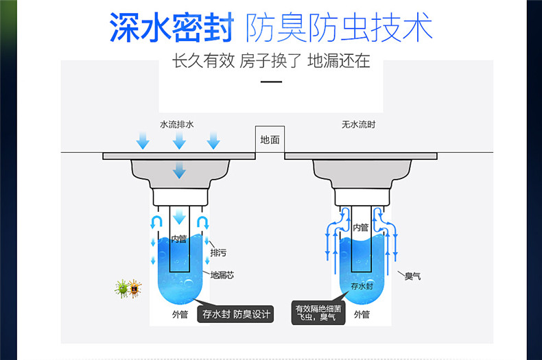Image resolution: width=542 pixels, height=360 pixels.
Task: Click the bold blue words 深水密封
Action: point(172,27)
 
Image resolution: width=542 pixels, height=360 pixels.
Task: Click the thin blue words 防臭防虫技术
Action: point(339,27)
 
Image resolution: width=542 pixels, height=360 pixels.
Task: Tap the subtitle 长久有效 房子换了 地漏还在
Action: point(271,61)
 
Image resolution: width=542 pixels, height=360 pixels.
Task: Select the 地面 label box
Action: point(270,140)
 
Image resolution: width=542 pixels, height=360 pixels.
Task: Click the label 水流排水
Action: point(176,124)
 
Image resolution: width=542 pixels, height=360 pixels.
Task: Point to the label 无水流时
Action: point(358,124)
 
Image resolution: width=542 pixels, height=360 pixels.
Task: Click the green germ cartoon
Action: point(121,289)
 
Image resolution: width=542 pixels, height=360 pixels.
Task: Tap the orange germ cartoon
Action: point(134,289)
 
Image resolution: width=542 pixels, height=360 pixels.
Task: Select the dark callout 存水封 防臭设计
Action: point(235,314)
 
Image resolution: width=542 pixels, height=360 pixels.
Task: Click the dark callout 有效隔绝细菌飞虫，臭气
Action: point(318,313)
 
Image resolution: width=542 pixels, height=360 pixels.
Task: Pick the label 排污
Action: point(218,253)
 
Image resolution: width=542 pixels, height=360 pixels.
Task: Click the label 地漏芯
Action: point(222,275)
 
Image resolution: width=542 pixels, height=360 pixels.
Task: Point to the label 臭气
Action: point(412,276)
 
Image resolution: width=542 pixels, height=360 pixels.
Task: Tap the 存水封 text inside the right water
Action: point(362,286)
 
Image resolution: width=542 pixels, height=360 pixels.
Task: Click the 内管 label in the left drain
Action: point(179,239)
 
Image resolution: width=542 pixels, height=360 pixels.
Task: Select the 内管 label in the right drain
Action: point(361,228)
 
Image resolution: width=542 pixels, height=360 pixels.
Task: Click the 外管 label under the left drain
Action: point(180,314)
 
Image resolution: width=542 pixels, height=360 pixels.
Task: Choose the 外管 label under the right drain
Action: point(362,314)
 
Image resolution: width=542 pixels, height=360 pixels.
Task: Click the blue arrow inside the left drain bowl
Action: point(179,170)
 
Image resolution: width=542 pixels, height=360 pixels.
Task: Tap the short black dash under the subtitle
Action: point(271,82)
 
